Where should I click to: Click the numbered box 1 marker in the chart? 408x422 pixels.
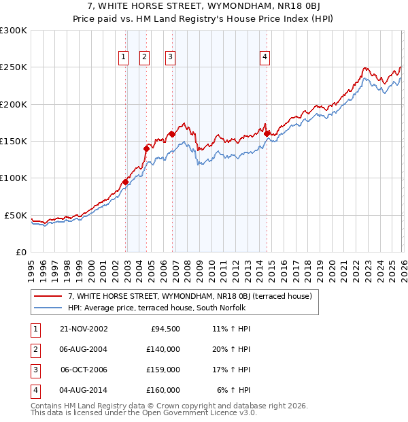[x=124, y=58]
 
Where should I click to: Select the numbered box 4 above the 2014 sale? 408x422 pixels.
[x=264, y=58]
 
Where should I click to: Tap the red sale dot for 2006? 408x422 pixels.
[x=172, y=134]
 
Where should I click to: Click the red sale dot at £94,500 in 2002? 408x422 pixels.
[x=126, y=182]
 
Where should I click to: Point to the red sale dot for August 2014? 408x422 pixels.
[x=267, y=133]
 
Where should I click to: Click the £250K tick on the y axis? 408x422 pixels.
[x=14, y=67]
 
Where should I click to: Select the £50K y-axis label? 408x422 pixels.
[x=16, y=215]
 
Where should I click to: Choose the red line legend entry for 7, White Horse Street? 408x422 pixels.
[x=190, y=296]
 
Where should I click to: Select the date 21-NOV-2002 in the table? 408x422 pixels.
[x=84, y=329]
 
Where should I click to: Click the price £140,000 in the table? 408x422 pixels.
[x=163, y=349]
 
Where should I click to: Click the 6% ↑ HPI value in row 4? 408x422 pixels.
[x=234, y=390]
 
